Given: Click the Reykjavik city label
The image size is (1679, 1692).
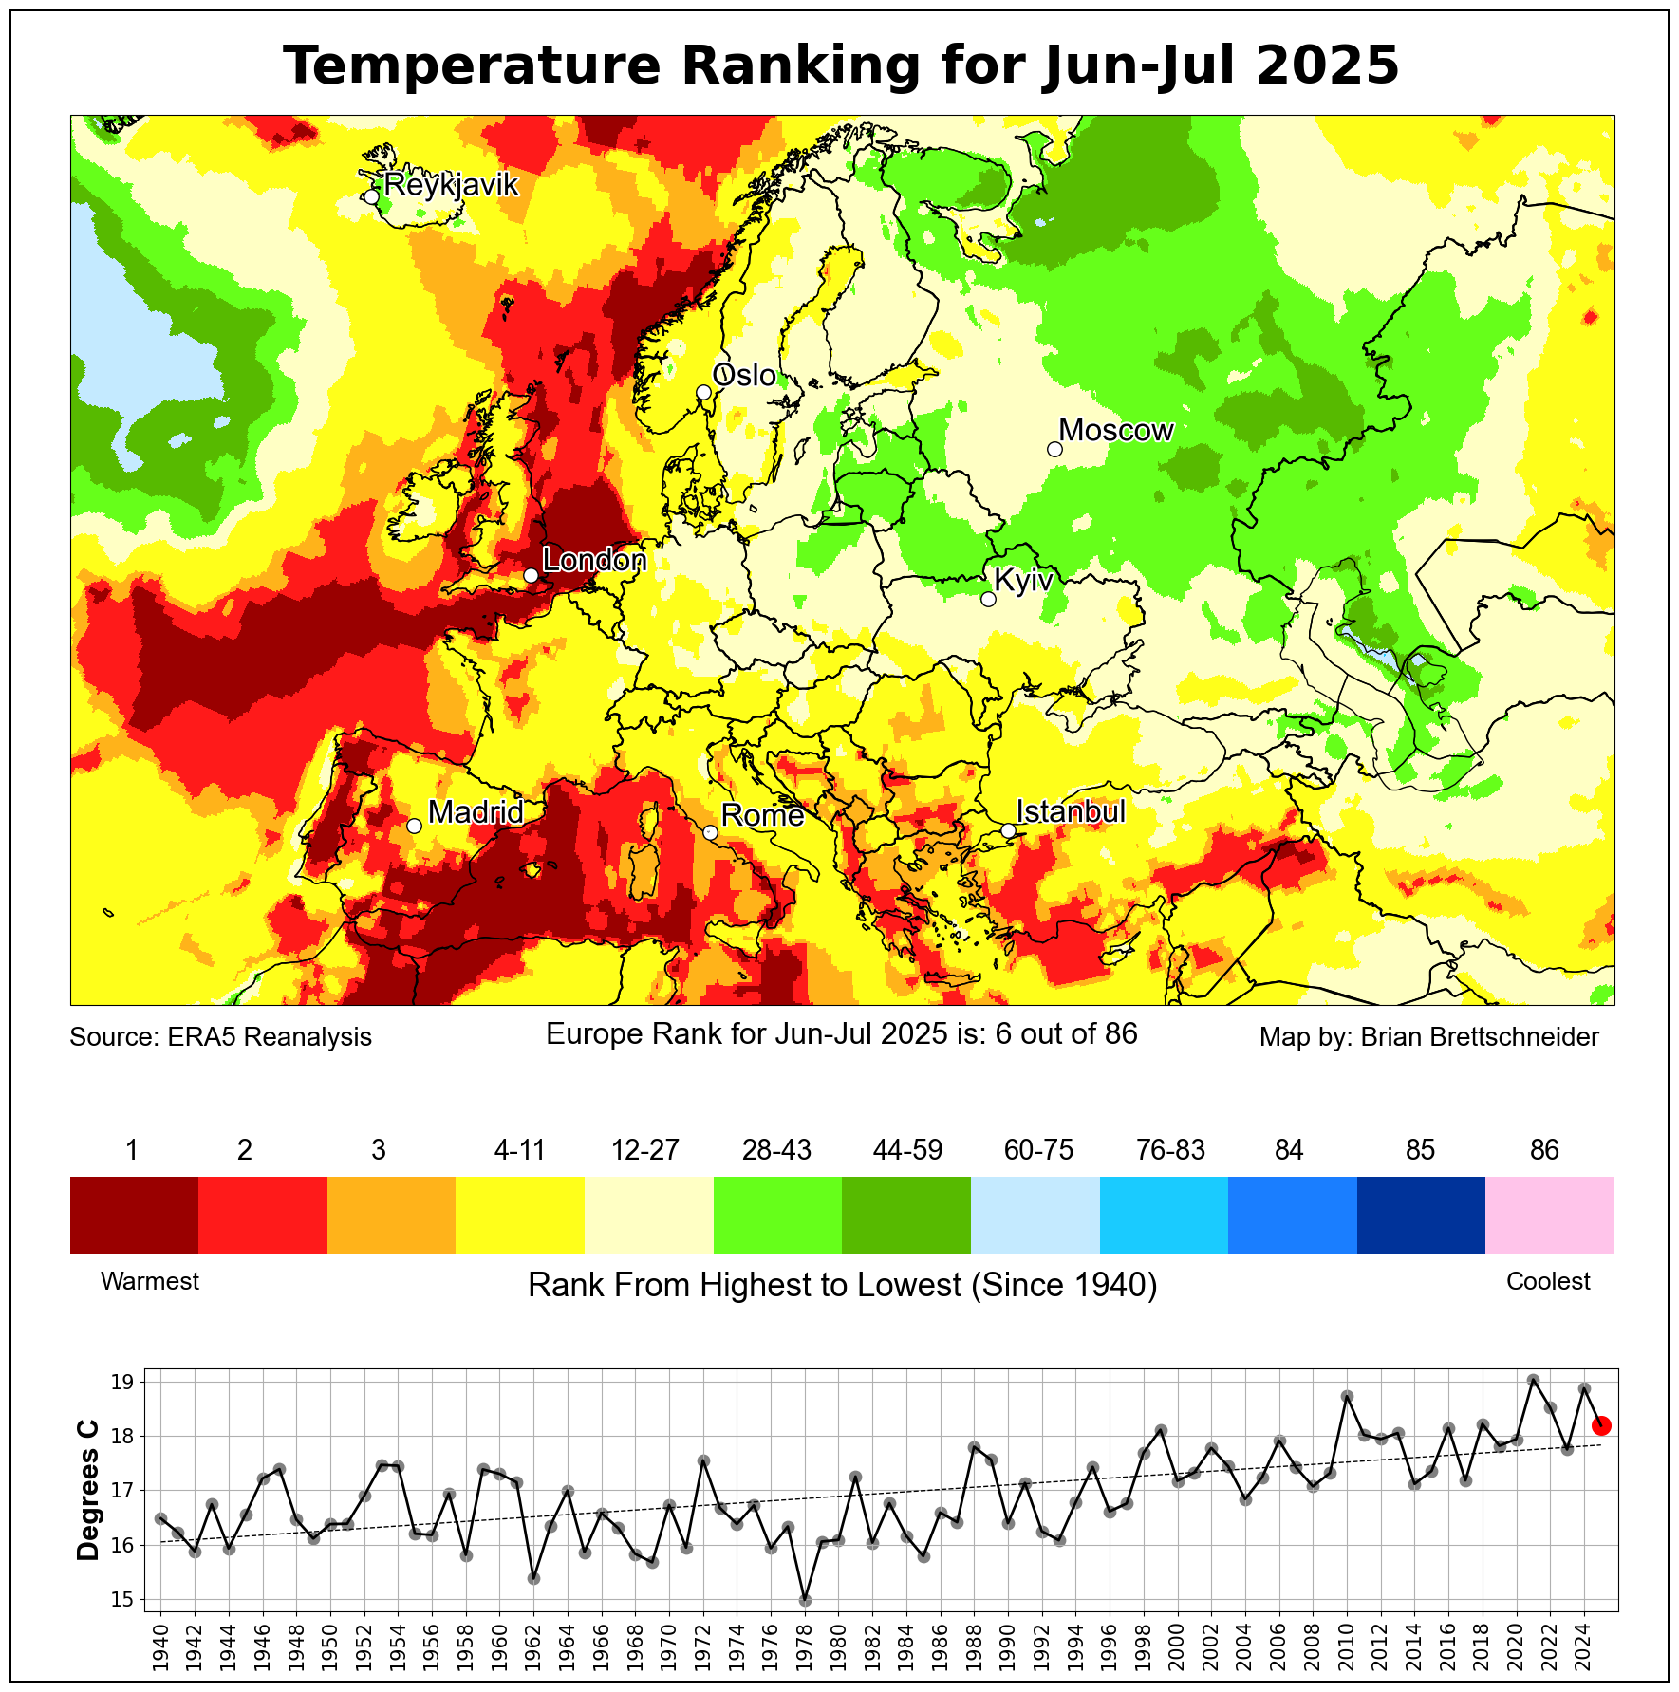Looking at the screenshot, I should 452,184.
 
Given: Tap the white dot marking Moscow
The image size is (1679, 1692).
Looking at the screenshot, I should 1054,449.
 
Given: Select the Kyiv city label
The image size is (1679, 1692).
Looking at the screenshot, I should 1023,580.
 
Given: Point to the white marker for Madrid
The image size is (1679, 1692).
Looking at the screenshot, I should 414,826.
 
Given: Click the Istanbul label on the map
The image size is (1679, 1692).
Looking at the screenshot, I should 1071,811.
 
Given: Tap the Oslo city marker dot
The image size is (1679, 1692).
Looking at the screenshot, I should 703,392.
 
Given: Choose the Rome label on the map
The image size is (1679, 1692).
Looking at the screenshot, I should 762,815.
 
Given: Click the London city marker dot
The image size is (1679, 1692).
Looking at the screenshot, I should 532,575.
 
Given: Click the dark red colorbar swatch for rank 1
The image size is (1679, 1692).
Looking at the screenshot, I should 134,1215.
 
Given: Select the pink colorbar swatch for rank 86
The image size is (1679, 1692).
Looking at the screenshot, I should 1549,1215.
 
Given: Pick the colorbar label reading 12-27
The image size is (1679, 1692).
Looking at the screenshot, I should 645,1150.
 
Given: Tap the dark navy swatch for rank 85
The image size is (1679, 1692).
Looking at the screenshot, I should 1421,1215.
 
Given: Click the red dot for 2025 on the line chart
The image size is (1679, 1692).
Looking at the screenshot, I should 1601,1425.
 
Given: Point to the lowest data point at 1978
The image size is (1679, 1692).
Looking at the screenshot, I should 805,1600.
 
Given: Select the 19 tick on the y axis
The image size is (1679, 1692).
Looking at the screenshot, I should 121,1382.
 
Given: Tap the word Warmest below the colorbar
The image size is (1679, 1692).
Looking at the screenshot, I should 150,1281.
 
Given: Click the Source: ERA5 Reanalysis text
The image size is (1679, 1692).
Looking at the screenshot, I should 220,1036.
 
